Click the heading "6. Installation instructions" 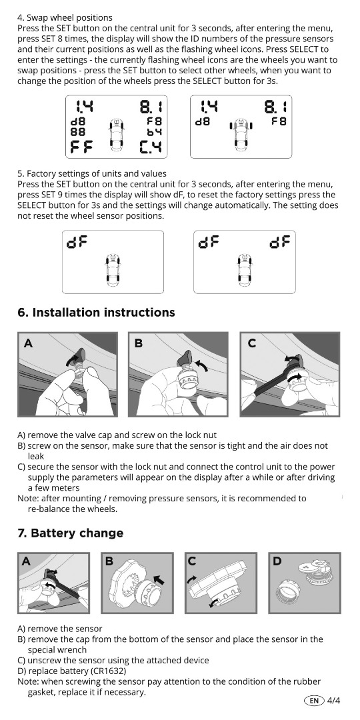coord(96,313)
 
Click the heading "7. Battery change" coord(70,533)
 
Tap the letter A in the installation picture coord(28,343)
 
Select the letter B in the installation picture coord(139,343)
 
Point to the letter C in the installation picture coord(251,343)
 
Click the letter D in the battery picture coord(277,561)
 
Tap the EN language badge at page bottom coord(314,700)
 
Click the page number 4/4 coord(334,700)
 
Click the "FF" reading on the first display coord(82,147)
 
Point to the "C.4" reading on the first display coord(151,147)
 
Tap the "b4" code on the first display coord(154,131)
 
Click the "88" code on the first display coord(77,131)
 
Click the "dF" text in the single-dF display coord(77,242)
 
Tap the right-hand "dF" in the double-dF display coord(279,242)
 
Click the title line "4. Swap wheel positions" coord(65,18)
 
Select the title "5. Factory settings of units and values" coord(92,174)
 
